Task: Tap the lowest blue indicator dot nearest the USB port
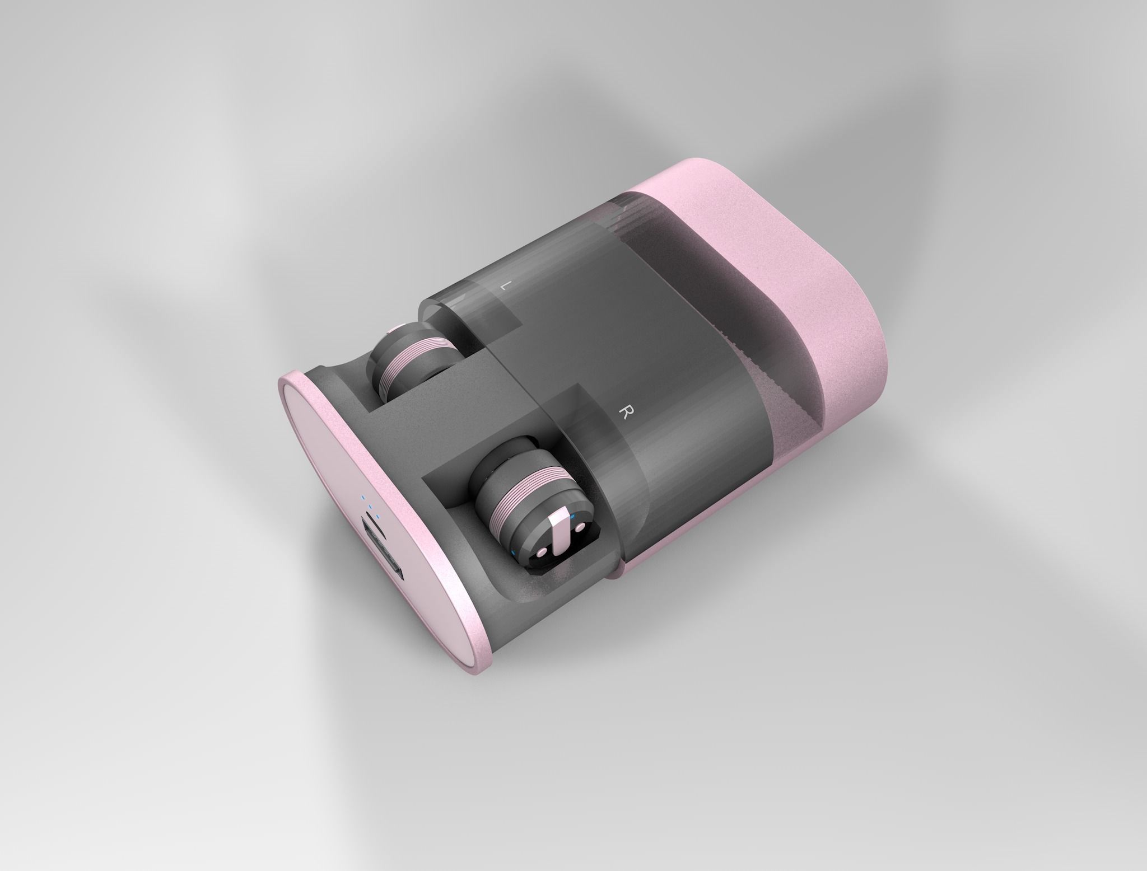click(x=377, y=516)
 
